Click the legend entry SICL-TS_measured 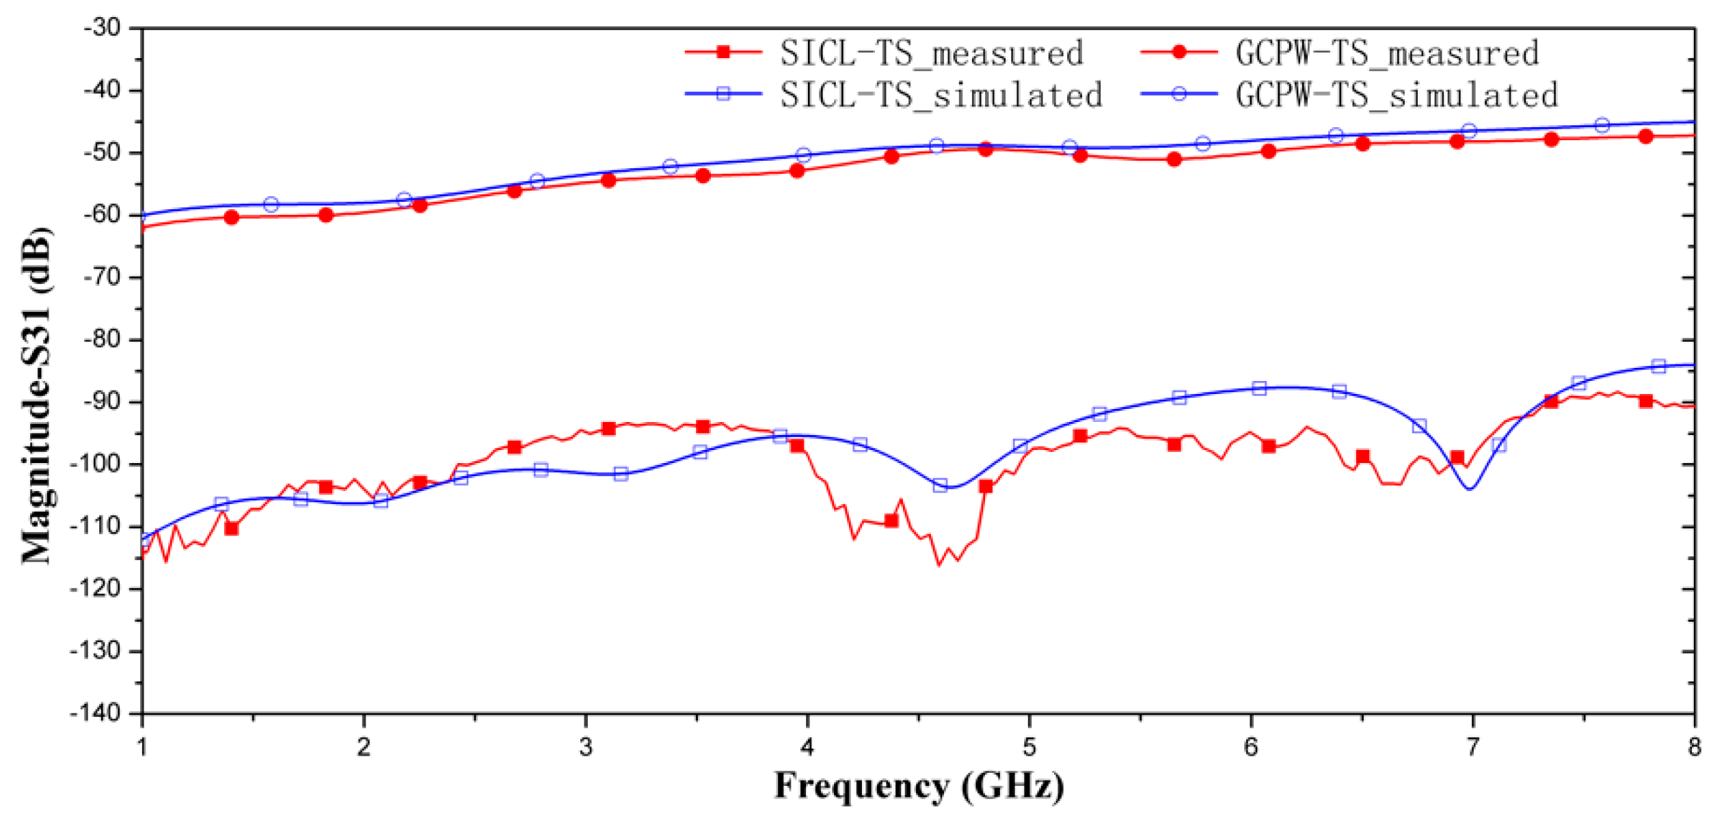pyautogui.click(x=931, y=53)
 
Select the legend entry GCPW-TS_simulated pyautogui.click(x=1397, y=95)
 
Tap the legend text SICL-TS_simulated pyautogui.click(x=941, y=95)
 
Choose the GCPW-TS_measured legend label pyautogui.click(x=1387, y=53)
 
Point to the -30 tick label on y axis pyautogui.click(x=102, y=28)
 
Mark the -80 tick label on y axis pyautogui.click(x=102, y=339)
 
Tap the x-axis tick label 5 pyautogui.click(x=1029, y=748)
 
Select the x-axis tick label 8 pyautogui.click(x=1694, y=748)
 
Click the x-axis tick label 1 pyautogui.click(x=142, y=748)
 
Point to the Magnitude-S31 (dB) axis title pyautogui.click(x=36, y=395)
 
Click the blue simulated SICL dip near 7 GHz pyautogui.click(x=1470, y=488)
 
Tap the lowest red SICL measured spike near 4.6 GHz pyautogui.click(x=939, y=565)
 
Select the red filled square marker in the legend pyautogui.click(x=723, y=52)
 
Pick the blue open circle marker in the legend pyautogui.click(x=1178, y=94)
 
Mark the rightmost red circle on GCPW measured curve pyautogui.click(x=1645, y=137)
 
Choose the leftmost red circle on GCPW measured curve pyautogui.click(x=232, y=217)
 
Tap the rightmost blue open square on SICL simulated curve pyautogui.click(x=1658, y=367)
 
